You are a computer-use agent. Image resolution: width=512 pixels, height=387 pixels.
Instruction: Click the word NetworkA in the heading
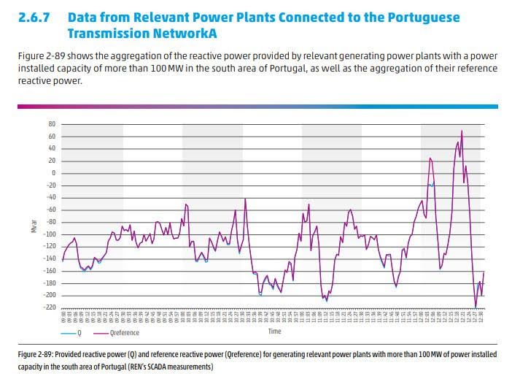point(194,34)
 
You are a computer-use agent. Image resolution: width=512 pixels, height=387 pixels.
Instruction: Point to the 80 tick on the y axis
point(53,124)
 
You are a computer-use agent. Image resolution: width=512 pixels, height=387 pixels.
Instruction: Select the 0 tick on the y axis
point(54,173)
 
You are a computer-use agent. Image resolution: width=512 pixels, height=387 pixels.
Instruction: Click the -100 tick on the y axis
point(50,234)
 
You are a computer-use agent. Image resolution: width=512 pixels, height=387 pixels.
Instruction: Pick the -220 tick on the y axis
point(50,307)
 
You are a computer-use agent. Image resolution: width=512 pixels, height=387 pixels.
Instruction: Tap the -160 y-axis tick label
point(50,271)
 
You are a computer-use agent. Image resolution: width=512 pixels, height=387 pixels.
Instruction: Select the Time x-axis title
point(274,332)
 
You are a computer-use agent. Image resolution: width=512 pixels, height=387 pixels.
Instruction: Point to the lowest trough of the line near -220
point(476,307)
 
